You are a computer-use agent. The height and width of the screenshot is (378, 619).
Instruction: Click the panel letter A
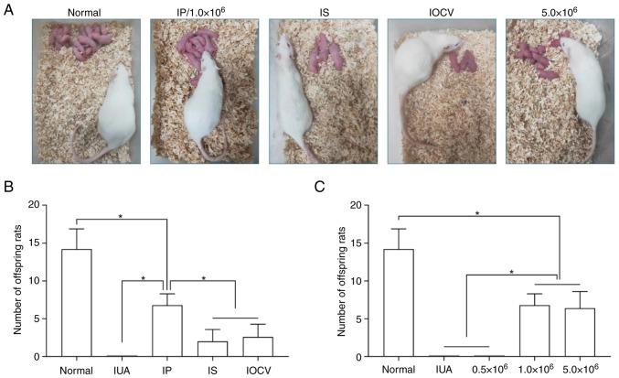click(x=10, y=8)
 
